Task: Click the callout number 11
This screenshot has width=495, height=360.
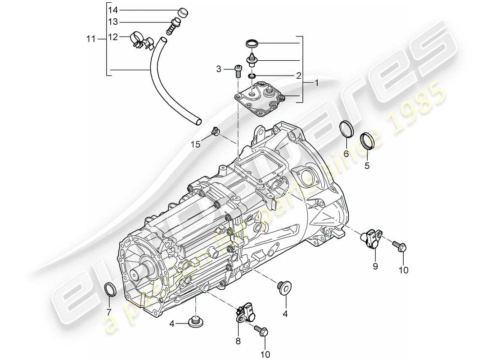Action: click(91, 39)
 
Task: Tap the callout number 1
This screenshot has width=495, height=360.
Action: click(316, 83)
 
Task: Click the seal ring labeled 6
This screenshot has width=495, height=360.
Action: click(346, 129)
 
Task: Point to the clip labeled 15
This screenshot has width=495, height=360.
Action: click(215, 131)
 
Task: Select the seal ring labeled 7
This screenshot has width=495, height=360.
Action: click(109, 289)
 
